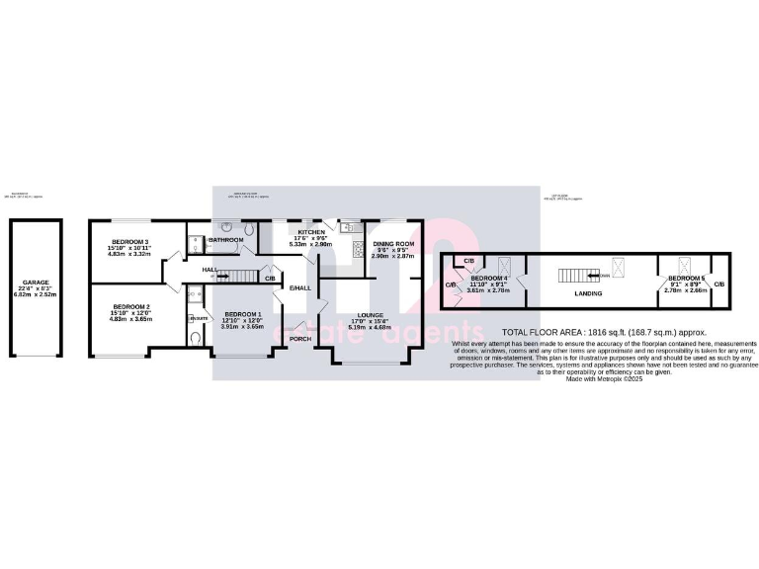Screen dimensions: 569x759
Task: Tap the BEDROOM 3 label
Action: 129,242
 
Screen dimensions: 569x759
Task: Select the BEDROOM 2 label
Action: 129,307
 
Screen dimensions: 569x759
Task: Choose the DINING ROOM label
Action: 393,244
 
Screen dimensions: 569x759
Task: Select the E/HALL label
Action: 299,287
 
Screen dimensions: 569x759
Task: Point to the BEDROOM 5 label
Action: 685,280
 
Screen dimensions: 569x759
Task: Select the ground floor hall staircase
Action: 240,275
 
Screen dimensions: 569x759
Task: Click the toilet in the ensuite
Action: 196,337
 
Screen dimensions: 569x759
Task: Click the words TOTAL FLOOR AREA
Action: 541,333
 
